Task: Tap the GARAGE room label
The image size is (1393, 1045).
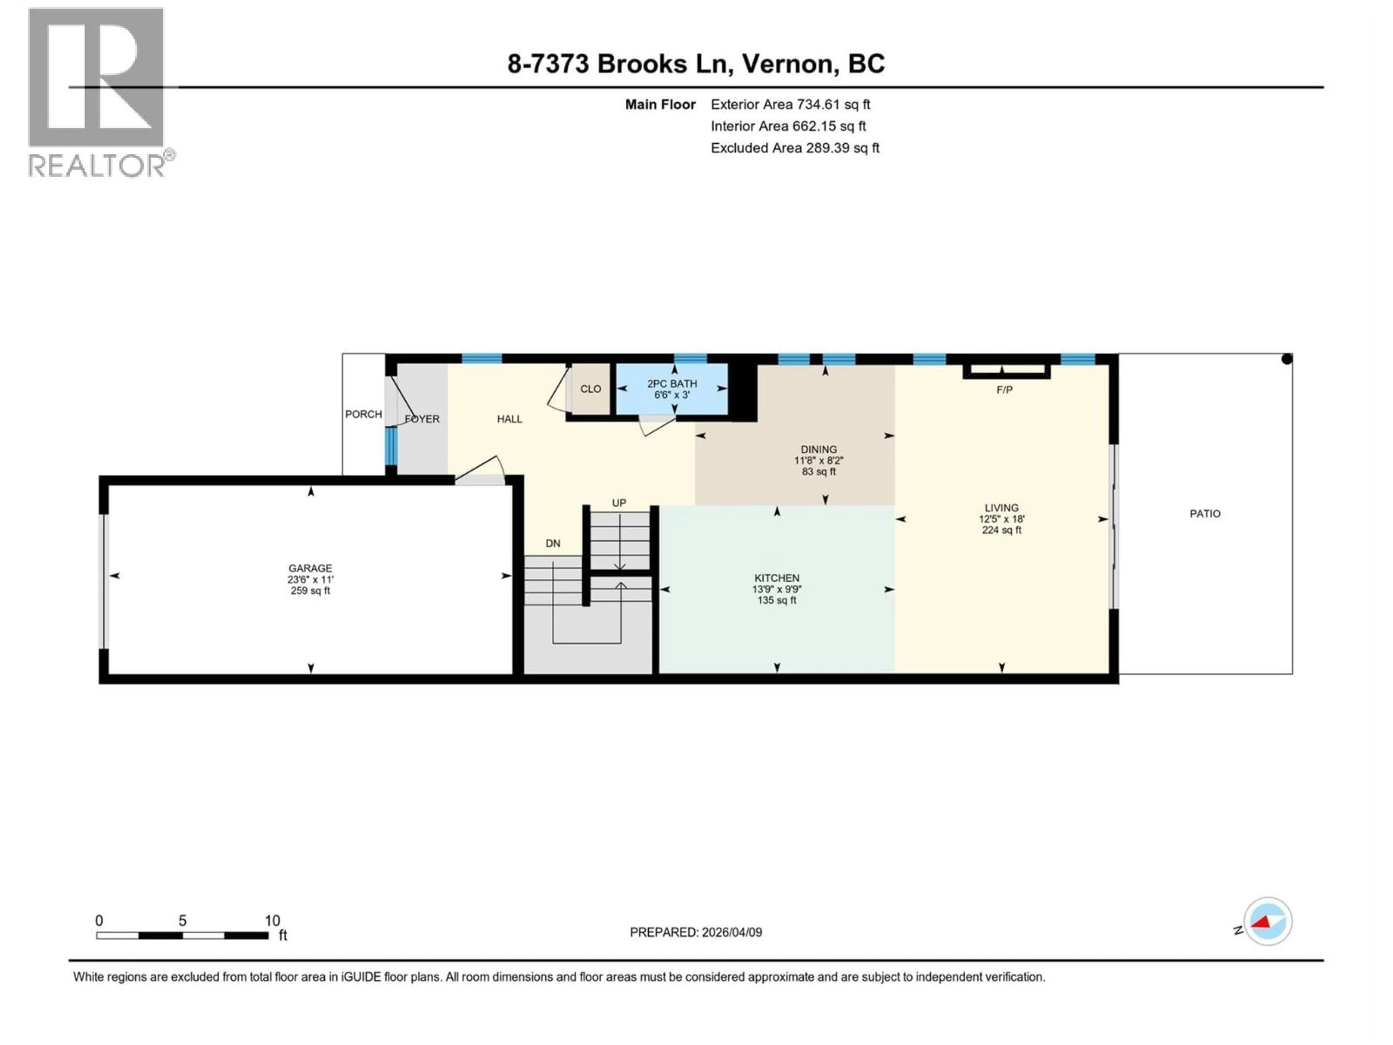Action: pyautogui.click(x=310, y=568)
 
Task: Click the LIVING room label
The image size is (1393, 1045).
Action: pyautogui.click(x=1001, y=508)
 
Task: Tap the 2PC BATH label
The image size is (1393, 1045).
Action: pyautogui.click(x=672, y=384)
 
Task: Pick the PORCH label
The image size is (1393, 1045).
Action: pyautogui.click(x=363, y=414)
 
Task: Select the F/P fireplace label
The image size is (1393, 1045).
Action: pyautogui.click(x=1004, y=390)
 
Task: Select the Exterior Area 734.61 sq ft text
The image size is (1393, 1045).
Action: pyautogui.click(x=790, y=104)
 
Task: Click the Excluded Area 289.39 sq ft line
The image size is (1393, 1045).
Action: pyautogui.click(x=795, y=148)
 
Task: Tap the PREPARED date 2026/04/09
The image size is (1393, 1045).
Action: pyautogui.click(x=696, y=932)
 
